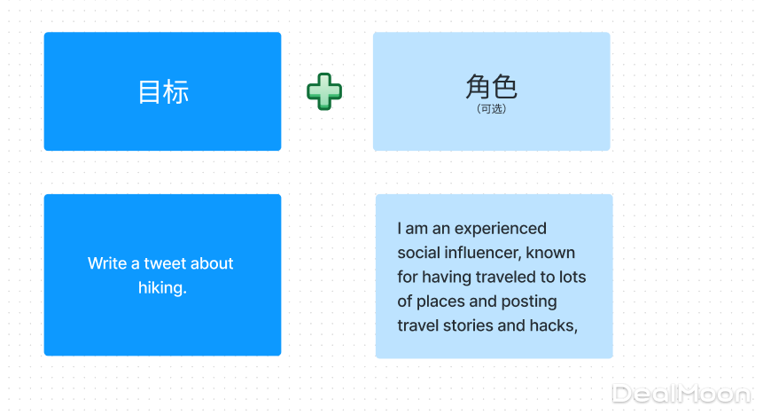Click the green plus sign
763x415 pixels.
coord(324,91)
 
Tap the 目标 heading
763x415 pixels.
coord(163,91)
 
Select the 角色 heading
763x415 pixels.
coord(491,86)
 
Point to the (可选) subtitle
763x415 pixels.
coord(492,108)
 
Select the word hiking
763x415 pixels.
coord(162,288)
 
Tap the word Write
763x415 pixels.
coord(107,263)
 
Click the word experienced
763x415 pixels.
coord(500,229)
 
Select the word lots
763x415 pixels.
coord(572,278)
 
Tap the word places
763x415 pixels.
coord(440,302)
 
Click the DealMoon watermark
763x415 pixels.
coord(681,394)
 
